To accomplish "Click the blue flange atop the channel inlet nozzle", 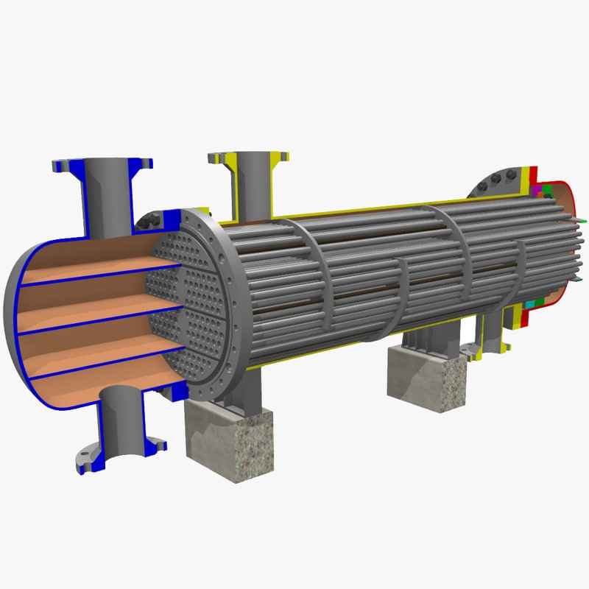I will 103,161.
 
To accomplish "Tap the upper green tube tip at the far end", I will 582,220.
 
